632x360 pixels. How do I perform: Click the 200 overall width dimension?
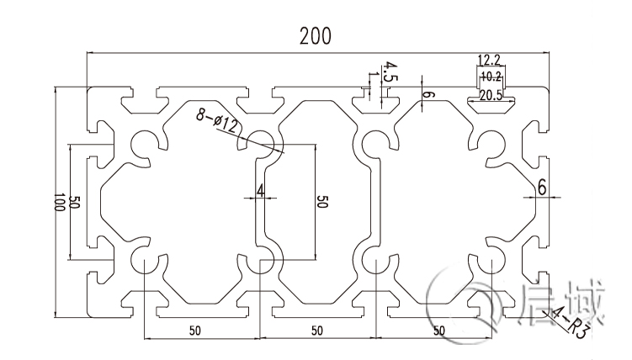point(316,36)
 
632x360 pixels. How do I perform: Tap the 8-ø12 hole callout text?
point(218,120)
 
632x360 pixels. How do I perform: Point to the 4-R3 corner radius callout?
point(567,322)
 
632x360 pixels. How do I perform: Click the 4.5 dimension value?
point(390,71)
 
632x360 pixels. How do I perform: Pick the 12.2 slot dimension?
point(489,60)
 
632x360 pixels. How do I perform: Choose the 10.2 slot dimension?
point(489,77)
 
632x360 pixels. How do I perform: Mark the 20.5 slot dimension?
point(490,95)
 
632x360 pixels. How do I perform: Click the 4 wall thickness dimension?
point(261,190)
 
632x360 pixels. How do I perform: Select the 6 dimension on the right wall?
point(542,188)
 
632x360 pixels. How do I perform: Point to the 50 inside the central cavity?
point(321,202)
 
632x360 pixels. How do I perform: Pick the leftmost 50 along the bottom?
point(195,331)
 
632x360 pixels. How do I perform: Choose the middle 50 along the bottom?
point(316,331)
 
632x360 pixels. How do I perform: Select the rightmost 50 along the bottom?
point(438,331)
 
